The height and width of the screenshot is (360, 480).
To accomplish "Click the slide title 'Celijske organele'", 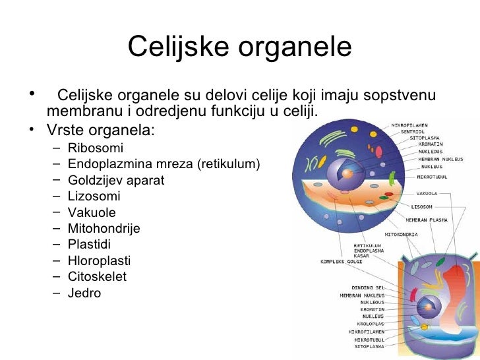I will click(x=240, y=47).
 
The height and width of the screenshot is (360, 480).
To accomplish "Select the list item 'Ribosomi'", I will click(x=95, y=148).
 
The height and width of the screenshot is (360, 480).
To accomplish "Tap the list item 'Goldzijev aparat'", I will click(x=115, y=180).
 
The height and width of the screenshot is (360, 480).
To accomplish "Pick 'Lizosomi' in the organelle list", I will click(x=94, y=196).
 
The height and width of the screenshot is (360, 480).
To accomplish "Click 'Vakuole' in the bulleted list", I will click(x=92, y=212).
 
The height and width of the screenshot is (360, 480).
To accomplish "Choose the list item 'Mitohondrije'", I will click(x=104, y=229).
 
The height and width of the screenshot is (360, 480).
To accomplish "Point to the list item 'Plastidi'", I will click(x=90, y=245).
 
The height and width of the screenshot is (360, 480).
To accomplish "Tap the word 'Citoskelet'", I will click(x=97, y=277).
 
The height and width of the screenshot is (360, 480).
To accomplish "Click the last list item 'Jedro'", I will click(x=84, y=293).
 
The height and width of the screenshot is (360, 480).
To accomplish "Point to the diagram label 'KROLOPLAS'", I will click(x=371, y=324).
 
